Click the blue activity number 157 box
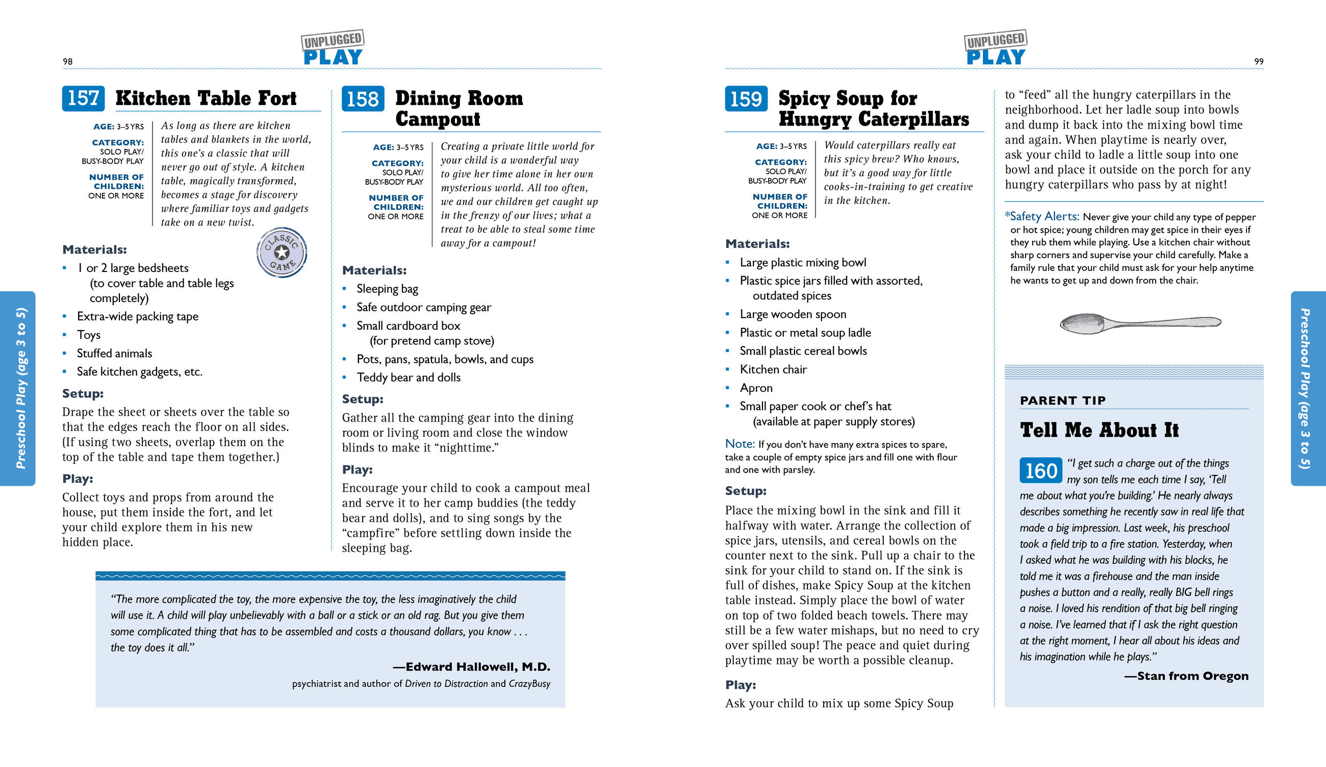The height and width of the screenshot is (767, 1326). click(83, 98)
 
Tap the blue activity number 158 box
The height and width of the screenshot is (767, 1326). click(363, 99)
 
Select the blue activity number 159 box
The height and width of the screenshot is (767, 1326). click(746, 99)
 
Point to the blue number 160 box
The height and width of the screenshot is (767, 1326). click(1040, 470)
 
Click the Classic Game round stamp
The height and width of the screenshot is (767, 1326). click(282, 252)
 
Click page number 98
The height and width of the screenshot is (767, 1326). click(68, 62)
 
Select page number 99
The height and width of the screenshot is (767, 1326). click(1258, 62)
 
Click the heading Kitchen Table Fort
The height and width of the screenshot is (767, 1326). click(206, 98)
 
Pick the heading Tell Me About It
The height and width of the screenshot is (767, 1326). click(1099, 430)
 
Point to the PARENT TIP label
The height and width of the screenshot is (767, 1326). click(1062, 401)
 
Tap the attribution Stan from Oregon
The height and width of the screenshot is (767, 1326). click(1192, 676)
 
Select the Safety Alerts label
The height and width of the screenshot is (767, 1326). click(1044, 216)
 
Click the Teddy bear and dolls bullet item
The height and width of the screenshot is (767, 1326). click(409, 378)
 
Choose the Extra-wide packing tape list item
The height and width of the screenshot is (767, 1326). click(137, 316)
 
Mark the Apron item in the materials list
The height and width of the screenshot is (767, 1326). click(756, 388)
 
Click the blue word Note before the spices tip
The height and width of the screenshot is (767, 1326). click(739, 444)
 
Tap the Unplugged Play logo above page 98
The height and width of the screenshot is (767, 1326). click(333, 48)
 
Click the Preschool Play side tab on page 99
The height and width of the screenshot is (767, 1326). click(1308, 388)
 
